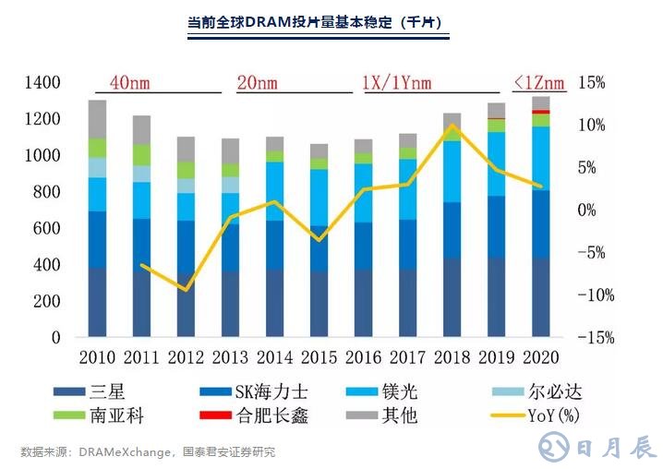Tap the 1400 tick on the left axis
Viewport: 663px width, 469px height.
pos(42,83)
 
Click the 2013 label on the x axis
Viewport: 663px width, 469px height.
pos(232,357)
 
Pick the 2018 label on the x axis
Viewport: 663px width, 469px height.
pos(452,357)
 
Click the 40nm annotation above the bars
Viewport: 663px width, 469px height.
pos(129,82)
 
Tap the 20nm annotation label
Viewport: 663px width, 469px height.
pos(257,82)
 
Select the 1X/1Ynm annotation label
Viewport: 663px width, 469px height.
pos(397,82)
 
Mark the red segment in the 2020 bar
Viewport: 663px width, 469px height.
pos(541,112)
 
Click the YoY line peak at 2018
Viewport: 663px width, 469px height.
pos(452,126)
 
